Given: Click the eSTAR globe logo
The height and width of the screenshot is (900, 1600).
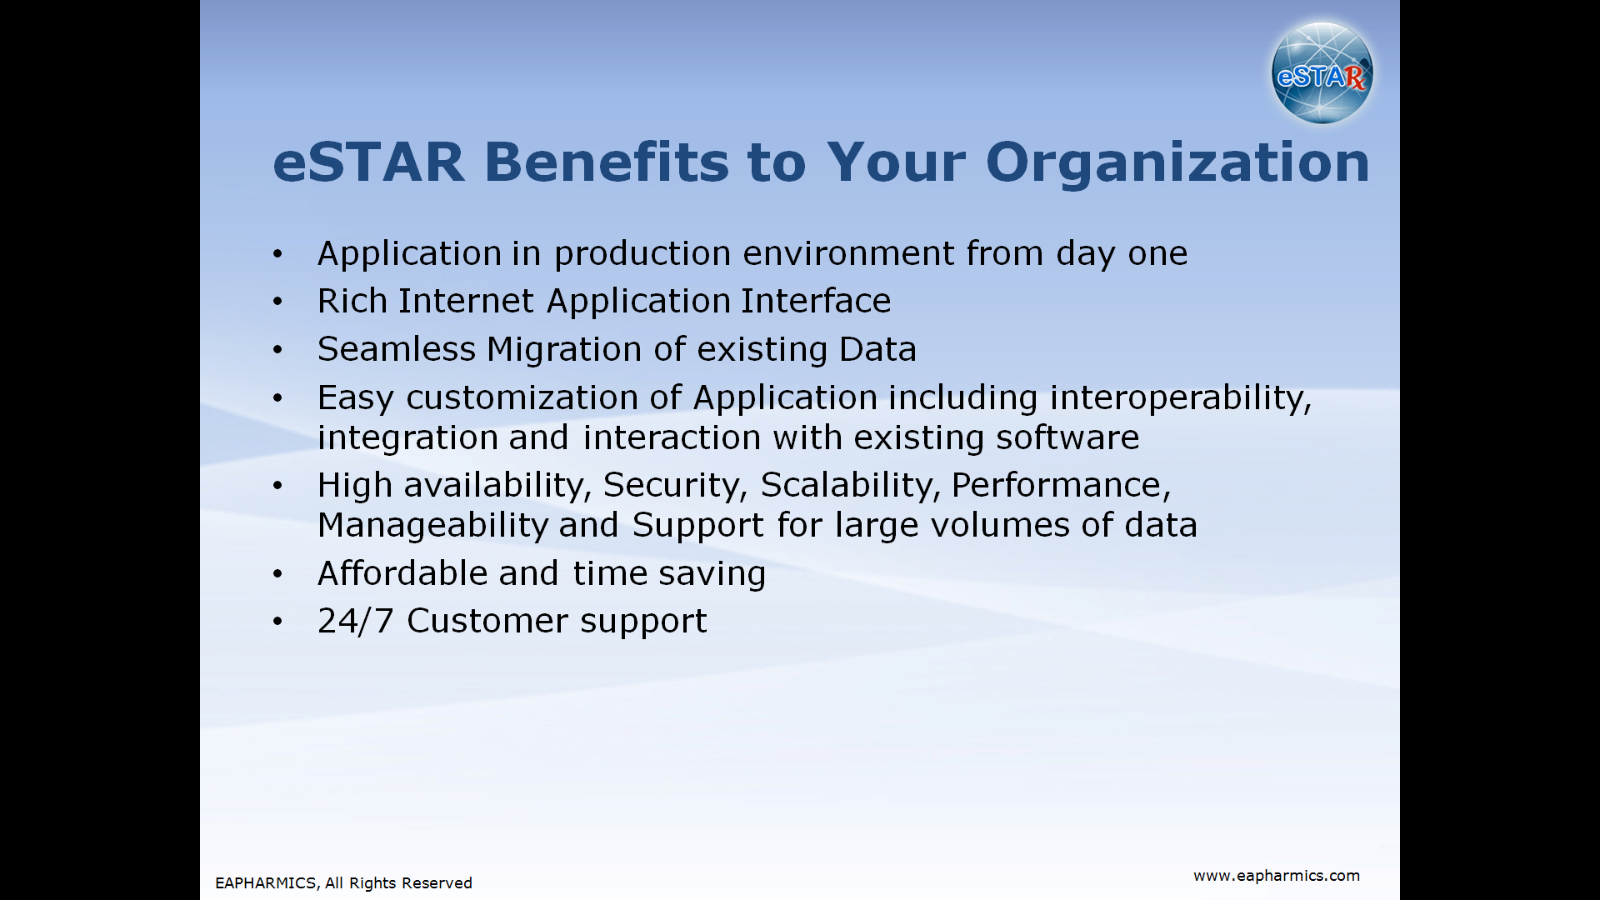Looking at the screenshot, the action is [x=1322, y=73].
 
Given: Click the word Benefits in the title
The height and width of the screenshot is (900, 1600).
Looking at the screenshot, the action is [x=607, y=162].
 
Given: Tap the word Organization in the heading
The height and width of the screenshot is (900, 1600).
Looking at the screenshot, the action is [x=1178, y=163].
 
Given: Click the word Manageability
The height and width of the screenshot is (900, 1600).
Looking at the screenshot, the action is [x=433, y=526].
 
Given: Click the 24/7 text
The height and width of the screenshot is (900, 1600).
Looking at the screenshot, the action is [x=356, y=621].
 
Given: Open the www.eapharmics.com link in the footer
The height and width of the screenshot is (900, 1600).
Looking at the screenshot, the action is [x=1277, y=876].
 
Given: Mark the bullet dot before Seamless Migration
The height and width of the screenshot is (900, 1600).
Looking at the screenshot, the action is [x=277, y=350].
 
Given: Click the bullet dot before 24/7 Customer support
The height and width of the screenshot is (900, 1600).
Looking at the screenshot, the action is [x=277, y=622].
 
